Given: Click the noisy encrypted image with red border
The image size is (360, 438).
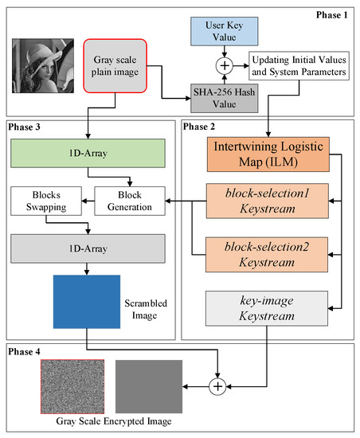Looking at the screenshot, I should click(71, 385).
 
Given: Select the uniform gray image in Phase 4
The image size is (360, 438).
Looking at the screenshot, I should click(149, 385).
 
